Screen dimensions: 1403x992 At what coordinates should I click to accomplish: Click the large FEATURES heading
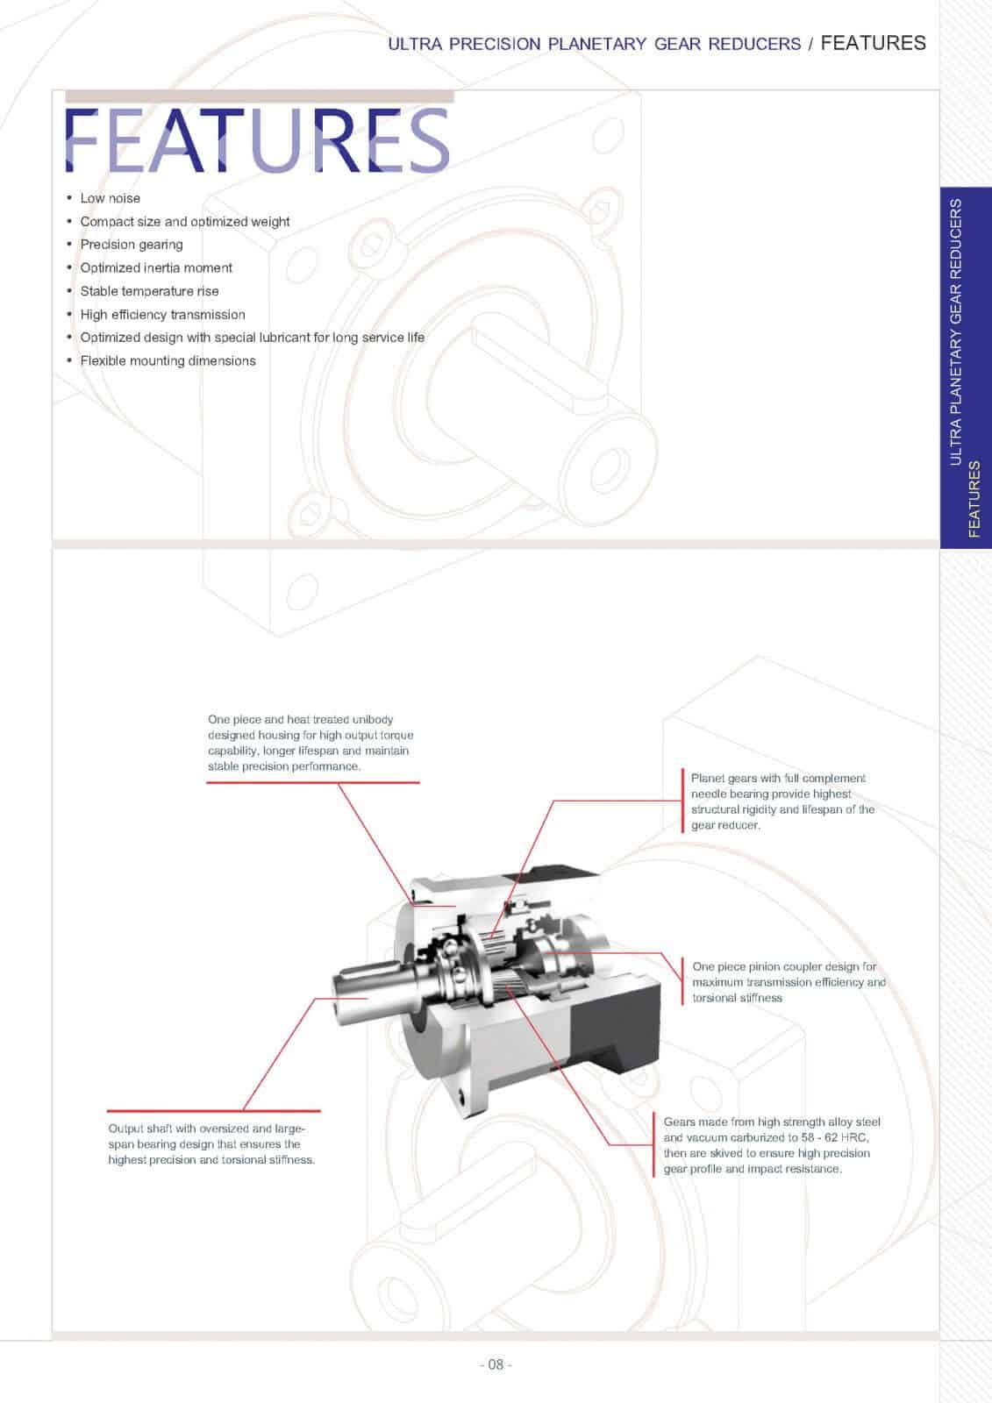click(x=258, y=140)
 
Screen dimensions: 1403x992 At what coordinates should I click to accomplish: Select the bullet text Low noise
click(x=110, y=198)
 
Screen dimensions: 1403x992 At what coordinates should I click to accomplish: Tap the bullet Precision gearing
click(x=132, y=245)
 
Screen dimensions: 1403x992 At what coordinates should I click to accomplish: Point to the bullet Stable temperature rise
click(x=149, y=291)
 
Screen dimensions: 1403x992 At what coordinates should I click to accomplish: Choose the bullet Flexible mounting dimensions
click(x=168, y=360)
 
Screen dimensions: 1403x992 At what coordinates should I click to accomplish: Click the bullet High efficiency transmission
click(x=162, y=314)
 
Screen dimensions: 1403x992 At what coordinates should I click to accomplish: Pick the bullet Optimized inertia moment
click(x=156, y=267)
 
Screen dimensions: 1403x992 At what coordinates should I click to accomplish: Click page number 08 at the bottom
click(x=496, y=1364)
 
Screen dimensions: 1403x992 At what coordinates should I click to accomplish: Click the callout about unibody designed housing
click(x=310, y=743)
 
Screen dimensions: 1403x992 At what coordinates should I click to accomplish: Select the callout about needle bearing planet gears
click(x=781, y=801)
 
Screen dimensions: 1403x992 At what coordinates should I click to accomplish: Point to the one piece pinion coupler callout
click(x=789, y=982)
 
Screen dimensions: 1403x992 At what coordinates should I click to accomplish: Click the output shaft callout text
click(x=211, y=1144)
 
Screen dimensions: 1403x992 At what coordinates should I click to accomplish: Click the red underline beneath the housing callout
click(x=312, y=781)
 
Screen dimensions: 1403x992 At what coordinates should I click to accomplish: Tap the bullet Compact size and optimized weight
click(x=184, y=222)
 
